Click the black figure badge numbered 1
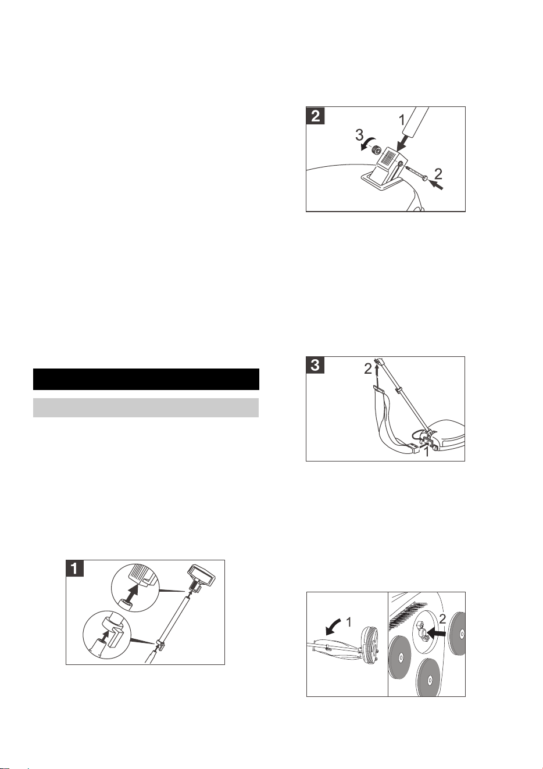[74, 569]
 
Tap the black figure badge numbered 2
[315, 116]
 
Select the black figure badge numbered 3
[315, 365]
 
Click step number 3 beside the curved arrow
[359, 135]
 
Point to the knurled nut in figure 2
[378, 150]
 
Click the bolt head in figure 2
[426, 178]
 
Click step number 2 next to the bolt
[438, 173]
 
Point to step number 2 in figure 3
[368, 370]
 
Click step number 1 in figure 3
[426, 452]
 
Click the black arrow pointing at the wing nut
[436, 632]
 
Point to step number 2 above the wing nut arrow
[442, 618]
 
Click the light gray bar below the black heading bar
[146, 407]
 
